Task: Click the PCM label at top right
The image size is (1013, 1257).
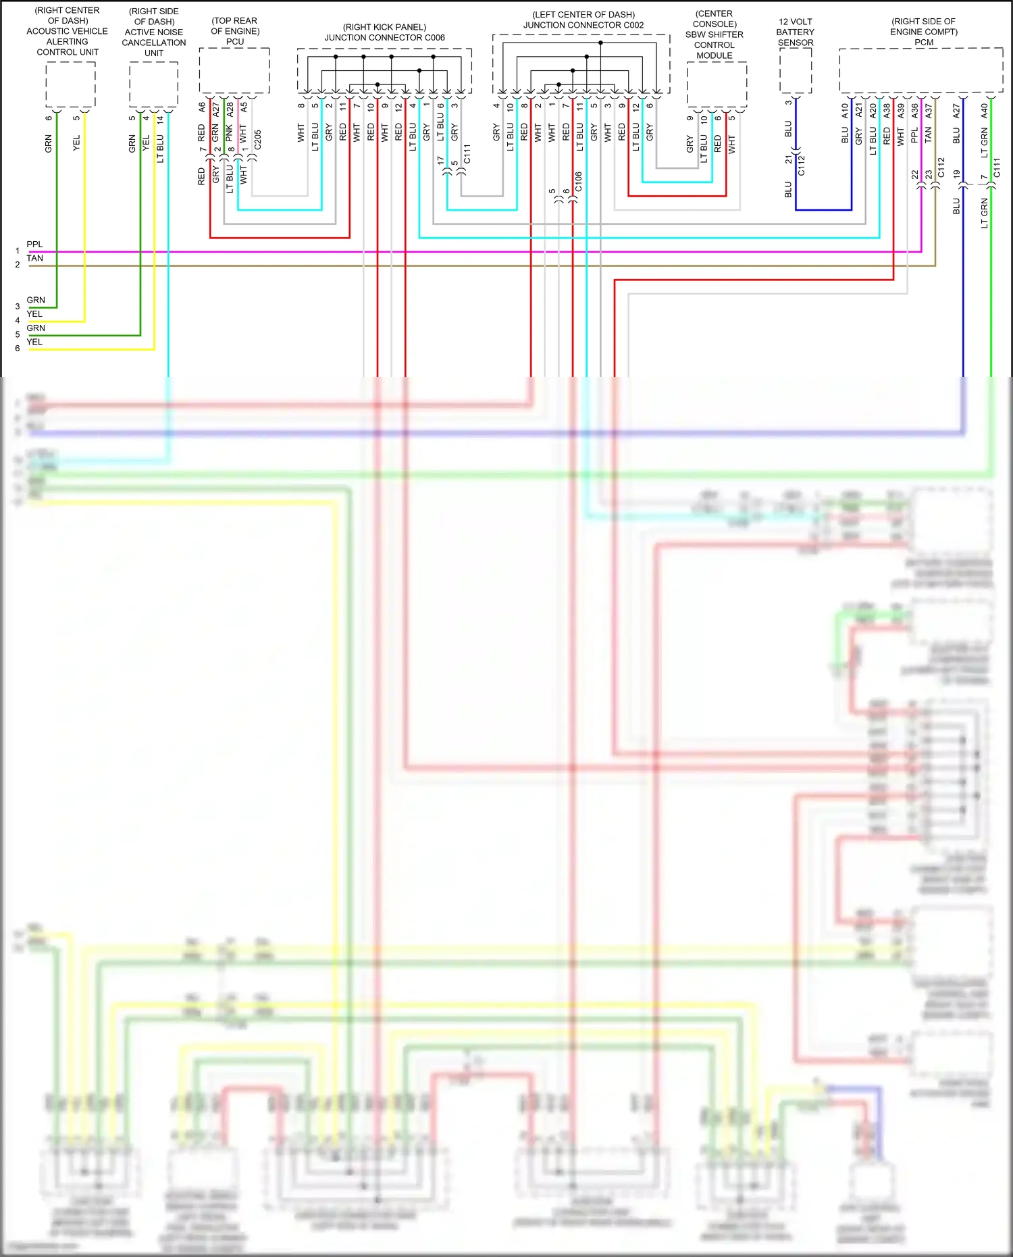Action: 923,43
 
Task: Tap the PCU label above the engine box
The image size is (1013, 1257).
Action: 234,42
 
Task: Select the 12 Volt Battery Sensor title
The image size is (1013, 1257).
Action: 795,32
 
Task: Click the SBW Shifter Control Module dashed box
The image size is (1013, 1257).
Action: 717,84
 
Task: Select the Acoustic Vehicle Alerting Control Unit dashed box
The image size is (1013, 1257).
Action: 70,84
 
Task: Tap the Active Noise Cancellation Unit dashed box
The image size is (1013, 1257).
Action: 153,84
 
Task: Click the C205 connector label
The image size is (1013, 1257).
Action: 257,140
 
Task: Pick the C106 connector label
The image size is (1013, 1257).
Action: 578,182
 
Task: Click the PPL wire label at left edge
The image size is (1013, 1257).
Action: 34,245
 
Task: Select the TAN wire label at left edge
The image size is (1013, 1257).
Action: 34,259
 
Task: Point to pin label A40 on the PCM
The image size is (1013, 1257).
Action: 984,110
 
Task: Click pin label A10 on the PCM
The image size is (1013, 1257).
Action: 845,110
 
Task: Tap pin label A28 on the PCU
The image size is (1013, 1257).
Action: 230,109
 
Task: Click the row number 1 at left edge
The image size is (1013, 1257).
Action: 18,251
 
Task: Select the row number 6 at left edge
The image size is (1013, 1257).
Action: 18,349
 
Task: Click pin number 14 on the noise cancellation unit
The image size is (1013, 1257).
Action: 160,119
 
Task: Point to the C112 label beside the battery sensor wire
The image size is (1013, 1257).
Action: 802,165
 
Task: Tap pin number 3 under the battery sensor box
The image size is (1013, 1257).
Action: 788,103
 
